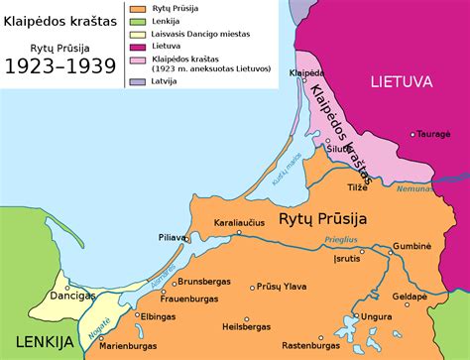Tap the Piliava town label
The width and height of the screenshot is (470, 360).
[174, 238]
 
